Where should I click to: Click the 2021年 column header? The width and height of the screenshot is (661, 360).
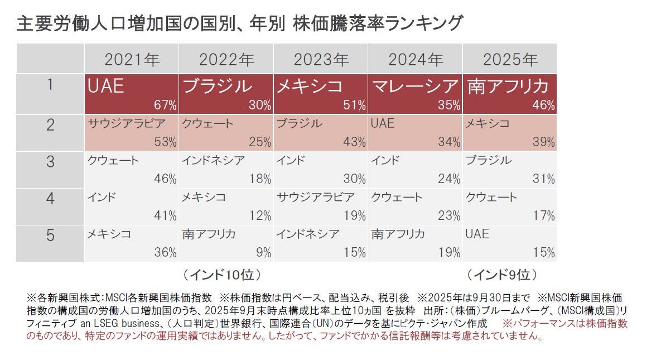[132, 59]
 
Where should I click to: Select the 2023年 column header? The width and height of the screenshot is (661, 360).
[321, 59]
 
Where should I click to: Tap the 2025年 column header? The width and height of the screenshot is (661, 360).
[510, 59]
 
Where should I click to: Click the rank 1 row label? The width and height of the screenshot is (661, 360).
[50, 85]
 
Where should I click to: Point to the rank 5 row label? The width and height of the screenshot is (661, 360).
[50, 236]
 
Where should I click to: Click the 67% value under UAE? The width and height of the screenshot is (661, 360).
[166, 105]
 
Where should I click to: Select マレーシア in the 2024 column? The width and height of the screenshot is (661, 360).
[414, 87]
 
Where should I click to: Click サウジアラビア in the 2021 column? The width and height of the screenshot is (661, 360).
[126, 124]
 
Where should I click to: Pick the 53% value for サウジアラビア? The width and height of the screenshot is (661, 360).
[165, 142]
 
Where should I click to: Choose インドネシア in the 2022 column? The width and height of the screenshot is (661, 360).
[214, 161]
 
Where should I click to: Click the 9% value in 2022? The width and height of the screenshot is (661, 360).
[264, 253]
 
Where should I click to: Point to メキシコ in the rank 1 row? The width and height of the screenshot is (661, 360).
[310, 87]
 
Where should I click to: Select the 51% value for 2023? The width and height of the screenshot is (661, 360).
[355, 105]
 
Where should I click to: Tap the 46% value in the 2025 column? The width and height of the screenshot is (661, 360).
[544, 105]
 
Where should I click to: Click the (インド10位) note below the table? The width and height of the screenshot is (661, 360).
[222, 275]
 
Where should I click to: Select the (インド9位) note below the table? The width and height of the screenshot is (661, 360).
[502, 275]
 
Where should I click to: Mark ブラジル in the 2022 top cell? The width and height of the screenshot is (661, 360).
[218, 87]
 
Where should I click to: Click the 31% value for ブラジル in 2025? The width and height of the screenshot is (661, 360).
[544, 179]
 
